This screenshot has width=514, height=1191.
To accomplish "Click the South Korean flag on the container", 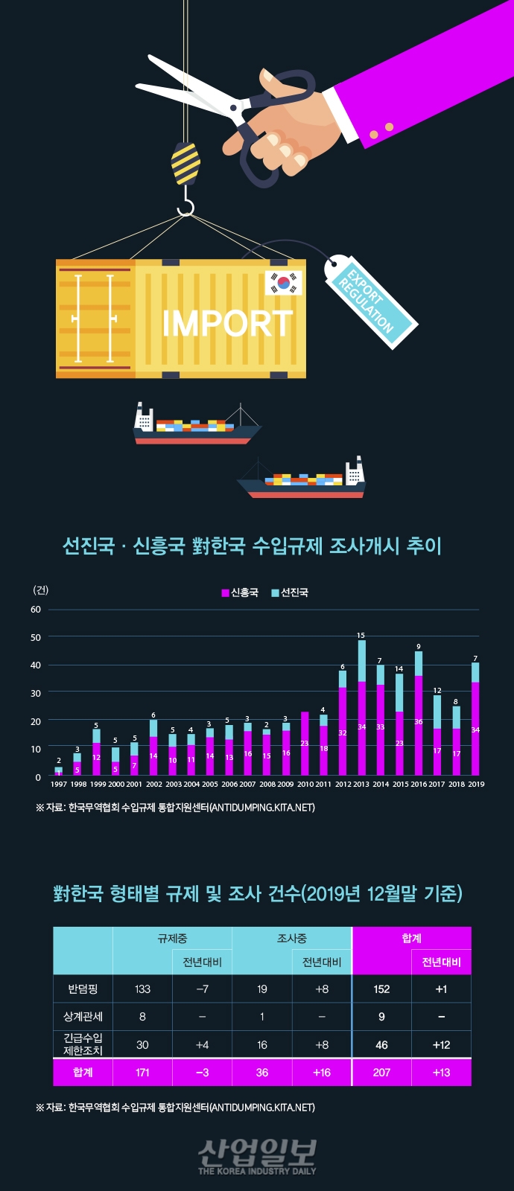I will pos(284,282).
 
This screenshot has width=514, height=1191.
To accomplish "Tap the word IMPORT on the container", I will pos(227,323).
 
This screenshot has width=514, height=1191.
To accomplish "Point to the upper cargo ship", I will pos(195,427).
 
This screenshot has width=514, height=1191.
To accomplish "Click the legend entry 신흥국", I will pos(240,593).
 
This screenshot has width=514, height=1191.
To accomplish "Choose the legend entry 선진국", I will pos(290,593).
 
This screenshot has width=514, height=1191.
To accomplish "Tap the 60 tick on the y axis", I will pos(36,609).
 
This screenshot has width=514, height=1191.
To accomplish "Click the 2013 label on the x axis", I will pos(361,784).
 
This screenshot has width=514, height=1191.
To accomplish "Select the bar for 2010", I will pos(305,744).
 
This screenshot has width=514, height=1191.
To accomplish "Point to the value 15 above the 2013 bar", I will pos(361,635).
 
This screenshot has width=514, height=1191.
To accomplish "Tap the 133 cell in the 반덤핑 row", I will pos(142,989).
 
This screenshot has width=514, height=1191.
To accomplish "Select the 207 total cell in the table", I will pos(381,1072).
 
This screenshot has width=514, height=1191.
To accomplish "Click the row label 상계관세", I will pos(83,1016).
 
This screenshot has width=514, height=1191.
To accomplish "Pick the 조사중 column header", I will pos(291,938).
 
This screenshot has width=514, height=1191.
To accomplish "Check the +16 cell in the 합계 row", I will pos(321,1072).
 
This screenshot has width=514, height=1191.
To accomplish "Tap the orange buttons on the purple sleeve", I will pos(381,131).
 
